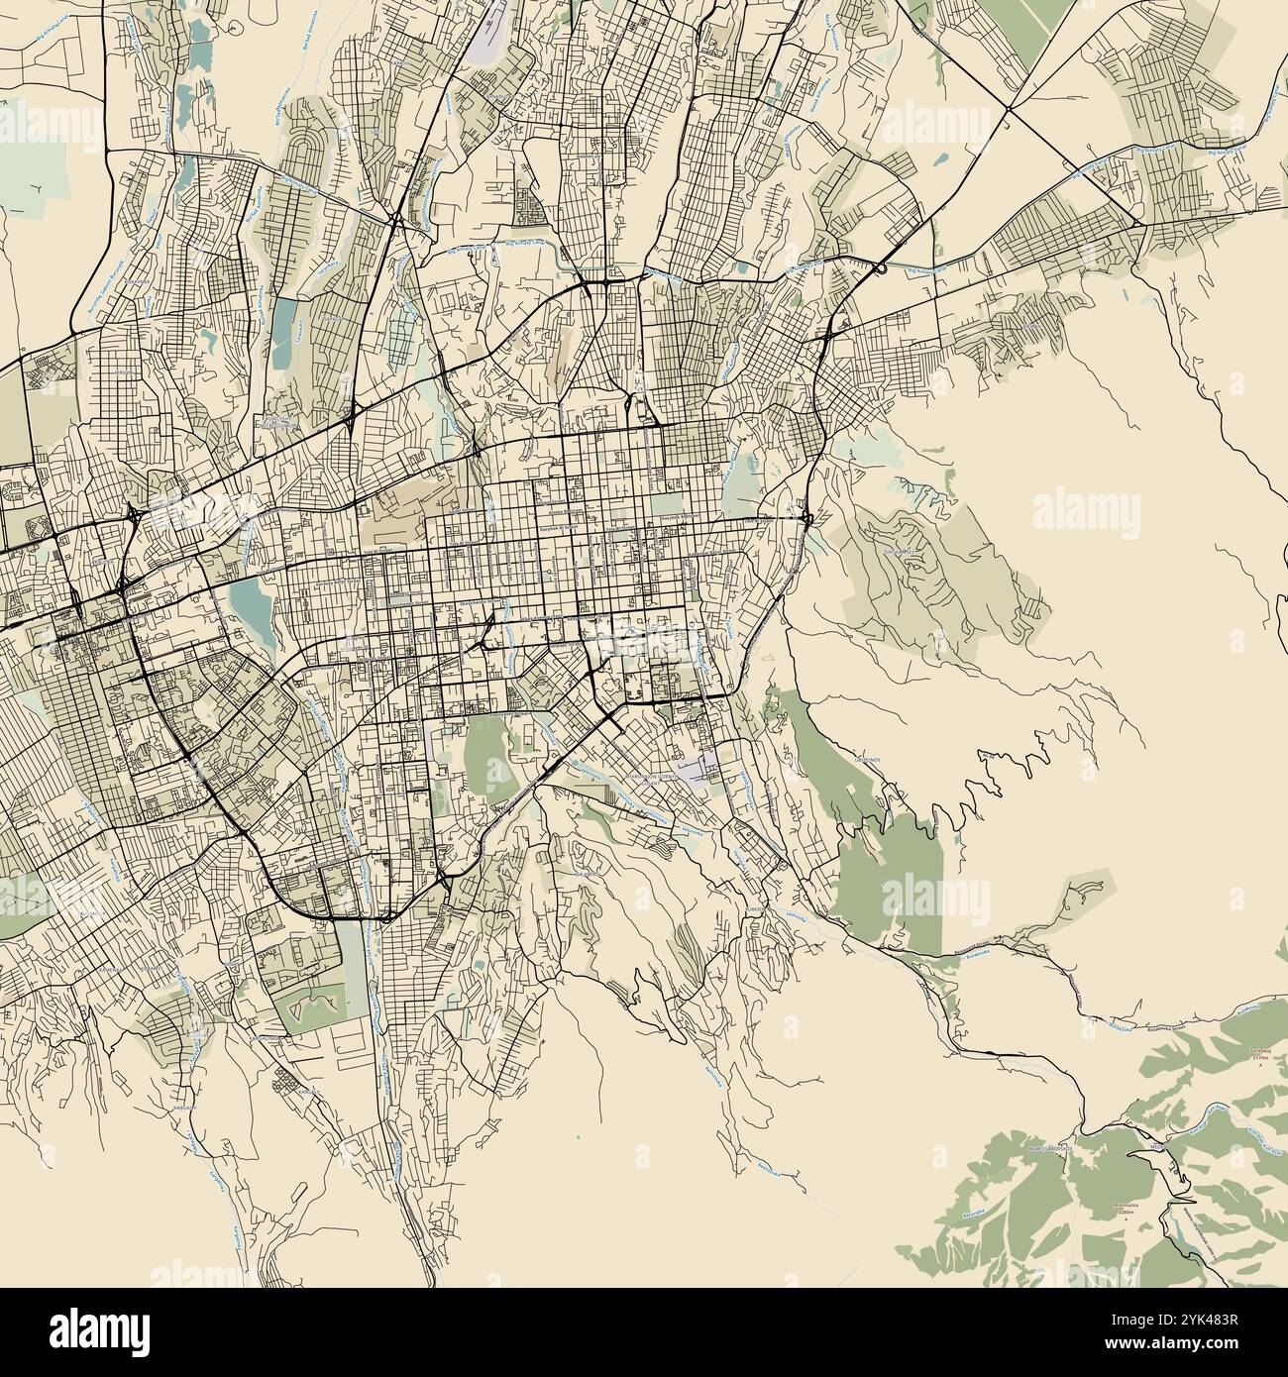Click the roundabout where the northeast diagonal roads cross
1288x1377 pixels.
(x=1007, y=106)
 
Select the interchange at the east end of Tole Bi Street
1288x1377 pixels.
(x=807, y=518)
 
